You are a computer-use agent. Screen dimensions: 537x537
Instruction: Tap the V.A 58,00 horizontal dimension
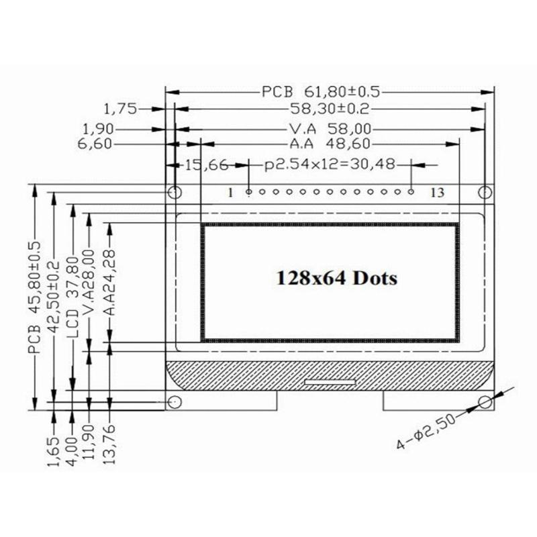click(330, 128)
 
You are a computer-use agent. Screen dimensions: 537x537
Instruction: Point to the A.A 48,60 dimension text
click(330, 144)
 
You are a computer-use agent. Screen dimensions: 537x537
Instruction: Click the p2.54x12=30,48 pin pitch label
click(328, 164)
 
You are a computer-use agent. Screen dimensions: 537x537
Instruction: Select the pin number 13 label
click(437, 193)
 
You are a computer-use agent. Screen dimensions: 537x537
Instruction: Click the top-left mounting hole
click(174, 193)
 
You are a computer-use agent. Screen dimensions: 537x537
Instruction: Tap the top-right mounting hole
click(485, 193)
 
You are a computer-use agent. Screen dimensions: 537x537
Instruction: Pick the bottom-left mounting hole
click(174, 401)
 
